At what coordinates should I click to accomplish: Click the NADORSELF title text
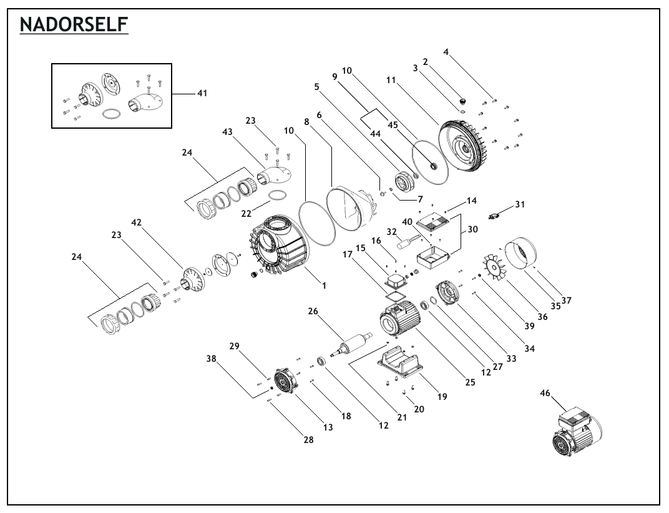click(x=74, y=24)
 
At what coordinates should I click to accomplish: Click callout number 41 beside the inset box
click(x=202, y=92)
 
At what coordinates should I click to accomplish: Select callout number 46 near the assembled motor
click(x=545, y=392)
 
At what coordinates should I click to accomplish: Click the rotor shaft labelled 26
click(x=351, y=344)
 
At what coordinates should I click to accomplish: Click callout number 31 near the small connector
click(x=519, y=204)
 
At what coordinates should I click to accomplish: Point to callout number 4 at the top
click(x=446, y=52)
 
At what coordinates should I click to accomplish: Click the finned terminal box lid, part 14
click(x=434, y=221)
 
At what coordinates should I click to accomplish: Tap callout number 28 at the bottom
click(x=308, y=439)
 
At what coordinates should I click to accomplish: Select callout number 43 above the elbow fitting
click(x=227, y=132)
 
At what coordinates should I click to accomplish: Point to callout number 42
click(x=136, y=222)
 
